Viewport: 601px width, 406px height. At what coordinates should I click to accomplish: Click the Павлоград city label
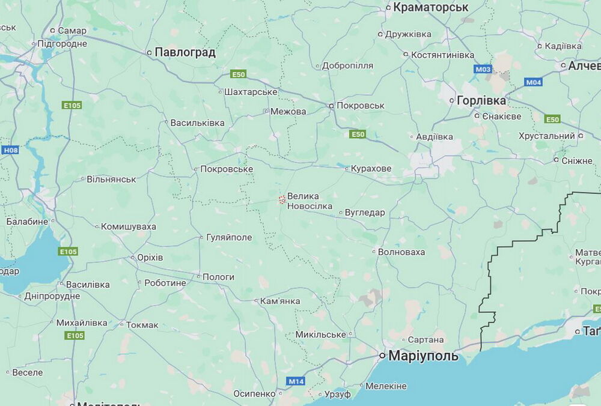pos(185,52)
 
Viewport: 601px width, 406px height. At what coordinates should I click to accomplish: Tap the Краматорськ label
pos(430,7)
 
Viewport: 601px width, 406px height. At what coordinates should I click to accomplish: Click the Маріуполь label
pos(423,356)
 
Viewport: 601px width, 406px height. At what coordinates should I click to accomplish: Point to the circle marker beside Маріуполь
pos(382,356)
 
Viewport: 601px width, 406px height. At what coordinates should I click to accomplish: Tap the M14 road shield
pos(295,381)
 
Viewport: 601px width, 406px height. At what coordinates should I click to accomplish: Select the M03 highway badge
pos(483,69)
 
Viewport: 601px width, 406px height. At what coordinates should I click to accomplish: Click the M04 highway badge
pos(533,82)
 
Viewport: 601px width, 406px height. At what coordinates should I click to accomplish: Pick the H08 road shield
pos(10,150)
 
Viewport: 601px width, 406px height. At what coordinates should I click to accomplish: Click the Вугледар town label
pos(365,213)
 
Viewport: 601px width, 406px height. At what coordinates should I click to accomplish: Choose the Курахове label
pos(372,169)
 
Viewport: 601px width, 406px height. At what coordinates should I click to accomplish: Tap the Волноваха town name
pos(401,252)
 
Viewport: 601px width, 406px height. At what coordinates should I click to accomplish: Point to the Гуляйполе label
pos(229,237)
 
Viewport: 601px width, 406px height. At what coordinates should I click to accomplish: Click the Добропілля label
pos(347,65)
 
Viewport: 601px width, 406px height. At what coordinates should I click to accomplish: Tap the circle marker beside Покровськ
pos(331,106)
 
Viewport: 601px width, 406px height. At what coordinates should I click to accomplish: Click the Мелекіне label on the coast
pos(386,386)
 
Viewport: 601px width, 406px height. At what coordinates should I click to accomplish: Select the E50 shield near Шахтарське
pos(239,74)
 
